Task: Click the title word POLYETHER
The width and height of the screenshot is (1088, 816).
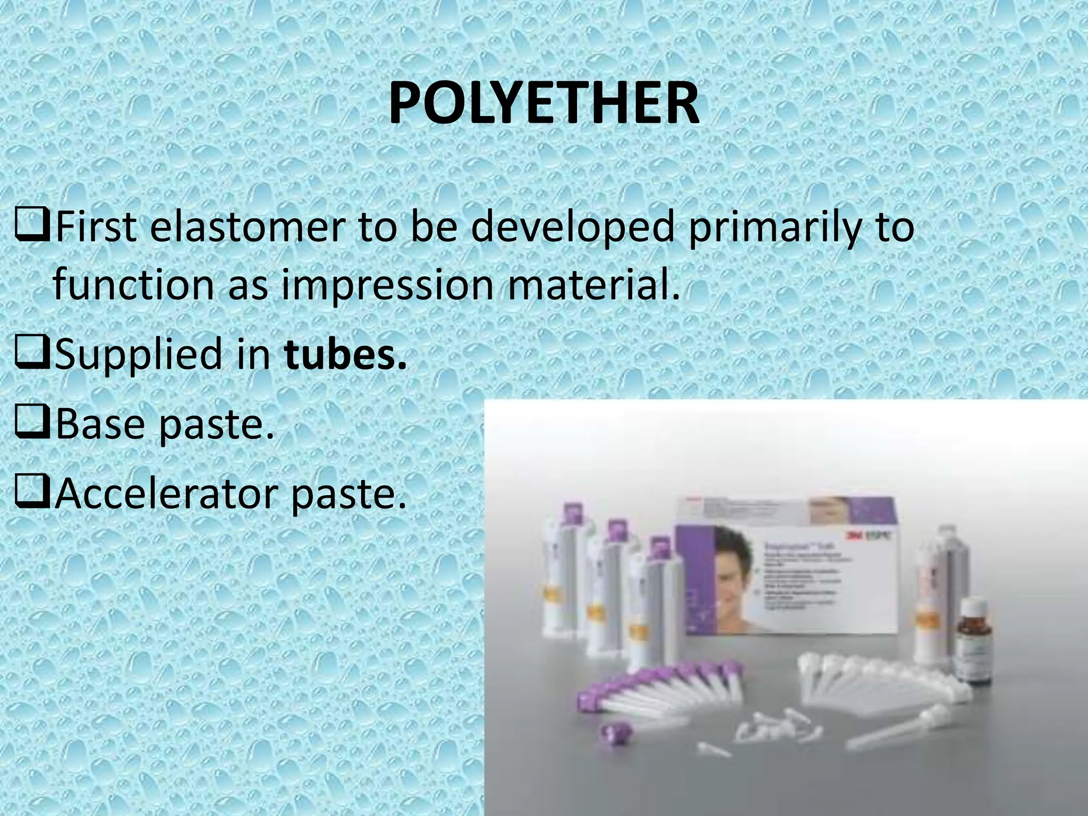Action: [543, 104]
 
